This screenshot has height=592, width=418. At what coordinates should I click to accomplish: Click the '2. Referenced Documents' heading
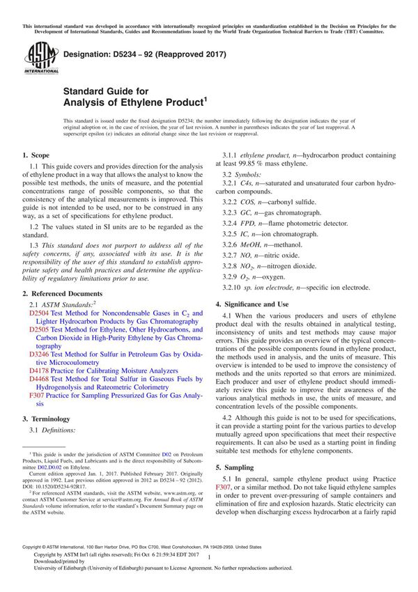pos(62,294)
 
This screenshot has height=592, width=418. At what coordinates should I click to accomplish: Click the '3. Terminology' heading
pos(46,419)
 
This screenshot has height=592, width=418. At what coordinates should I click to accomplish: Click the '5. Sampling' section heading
pos(236,467)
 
